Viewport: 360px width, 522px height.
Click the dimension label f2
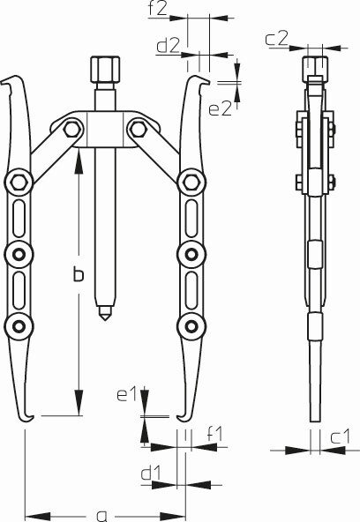157,9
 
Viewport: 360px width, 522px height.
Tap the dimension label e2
220,108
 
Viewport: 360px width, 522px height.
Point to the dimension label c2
276,38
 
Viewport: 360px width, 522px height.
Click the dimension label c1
341,436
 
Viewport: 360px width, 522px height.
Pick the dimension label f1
214,433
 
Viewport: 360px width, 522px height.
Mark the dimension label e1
127,394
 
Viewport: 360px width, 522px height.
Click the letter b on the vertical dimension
79,275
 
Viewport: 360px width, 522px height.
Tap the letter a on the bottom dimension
101,516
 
